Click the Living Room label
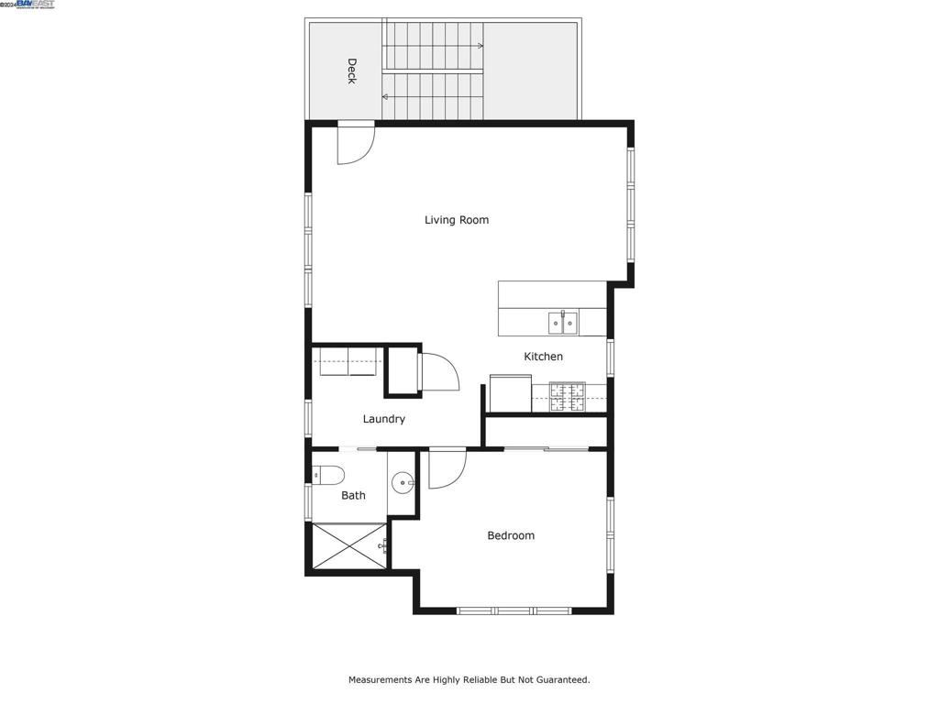click(456, 220)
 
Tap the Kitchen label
click(543, 357)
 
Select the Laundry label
click(383, 419)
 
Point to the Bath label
click(353, 495)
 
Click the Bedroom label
click(510, 535)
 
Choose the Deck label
click(351, 71)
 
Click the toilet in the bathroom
click(327, 475)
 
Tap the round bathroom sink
click(403, 482)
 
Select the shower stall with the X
click(349, 546)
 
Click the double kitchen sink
click(563, 323)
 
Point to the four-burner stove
click(567, 396)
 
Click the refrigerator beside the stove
click(510, 394)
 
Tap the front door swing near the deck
click(355, 143)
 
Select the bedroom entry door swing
click(447, 467)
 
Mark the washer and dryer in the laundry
click(348, 362)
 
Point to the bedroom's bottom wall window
click(514, 610)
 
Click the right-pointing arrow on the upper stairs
click(479, 45)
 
